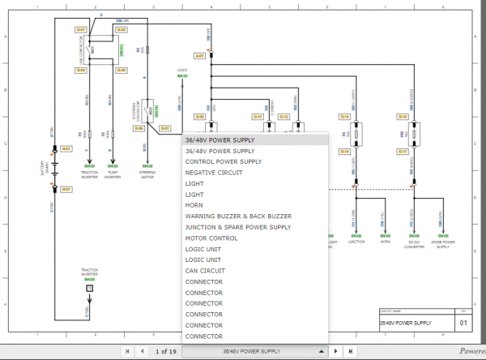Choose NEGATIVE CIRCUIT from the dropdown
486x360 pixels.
click(213, 173)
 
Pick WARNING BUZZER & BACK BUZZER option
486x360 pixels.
click(237, 216)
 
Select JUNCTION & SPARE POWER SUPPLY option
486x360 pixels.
click(237, 227)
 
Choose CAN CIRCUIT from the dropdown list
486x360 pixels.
click(206, 271)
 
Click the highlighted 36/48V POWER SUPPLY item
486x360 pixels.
click(220, 140)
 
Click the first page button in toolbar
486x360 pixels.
click(126, 351)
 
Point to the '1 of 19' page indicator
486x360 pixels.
click(166, 351)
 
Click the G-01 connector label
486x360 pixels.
click(81, 29)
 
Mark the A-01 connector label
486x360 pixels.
click(199, 56)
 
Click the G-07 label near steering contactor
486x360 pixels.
click(164, 128)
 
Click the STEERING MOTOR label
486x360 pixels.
click(147, 174)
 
